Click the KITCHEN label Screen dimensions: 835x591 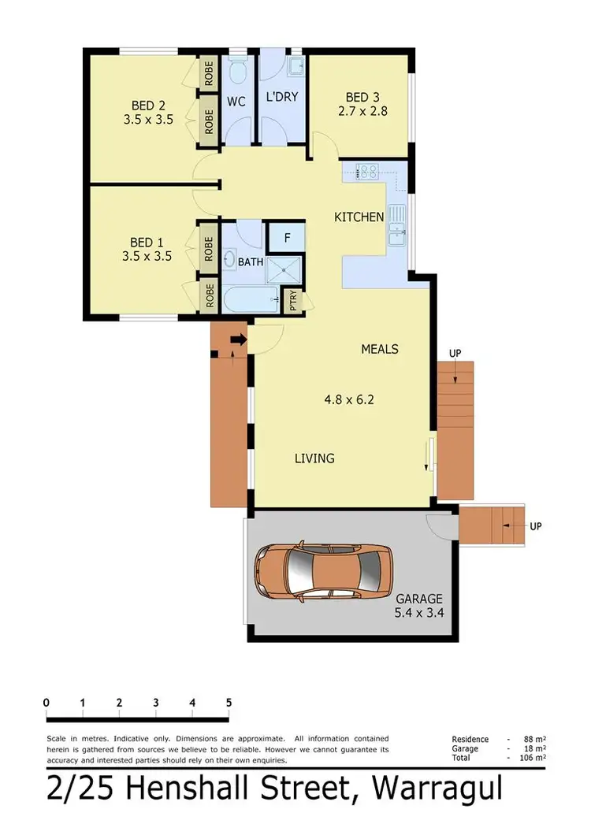[359, 217]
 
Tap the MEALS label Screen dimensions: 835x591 [380, 348]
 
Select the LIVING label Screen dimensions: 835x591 [314, 458]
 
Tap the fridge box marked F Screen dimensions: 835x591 [286, 236]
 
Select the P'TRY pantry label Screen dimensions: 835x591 [293, 301]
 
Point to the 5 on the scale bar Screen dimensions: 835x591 [229, 703]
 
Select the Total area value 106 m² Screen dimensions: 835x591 [533, 757]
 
